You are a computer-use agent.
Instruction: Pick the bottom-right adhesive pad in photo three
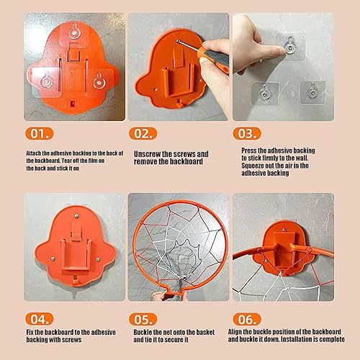tap(312, 92)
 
